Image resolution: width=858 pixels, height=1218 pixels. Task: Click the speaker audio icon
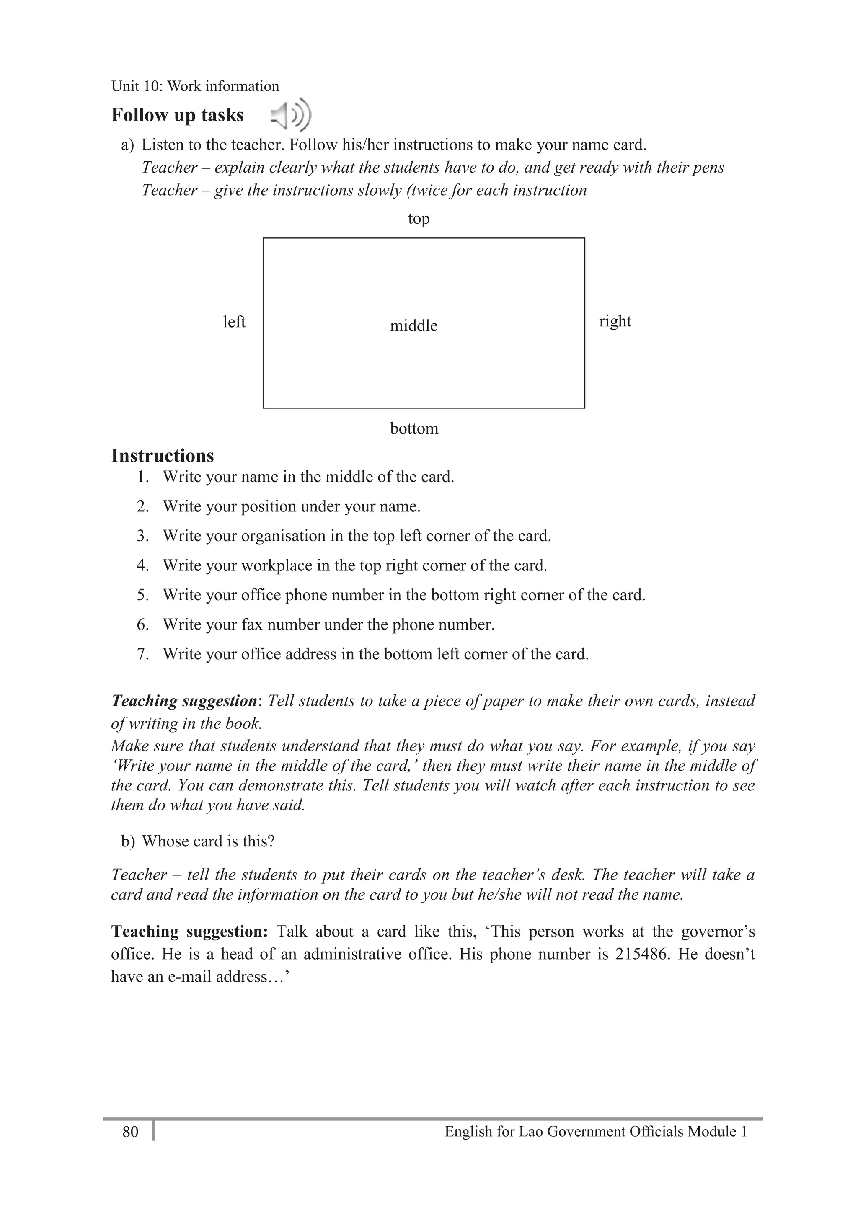291,115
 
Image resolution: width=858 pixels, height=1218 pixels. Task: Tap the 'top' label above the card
419,219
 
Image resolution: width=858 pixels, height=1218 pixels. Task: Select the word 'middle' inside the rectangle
413,326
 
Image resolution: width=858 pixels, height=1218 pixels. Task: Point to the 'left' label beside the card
234,322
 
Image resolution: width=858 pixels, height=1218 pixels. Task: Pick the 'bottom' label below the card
414,428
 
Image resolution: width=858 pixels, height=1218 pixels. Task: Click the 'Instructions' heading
163,456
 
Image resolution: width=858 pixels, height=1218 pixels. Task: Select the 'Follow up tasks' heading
177,115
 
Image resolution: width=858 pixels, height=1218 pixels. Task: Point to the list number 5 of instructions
142,595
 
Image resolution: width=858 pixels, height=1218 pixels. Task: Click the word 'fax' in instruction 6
253,624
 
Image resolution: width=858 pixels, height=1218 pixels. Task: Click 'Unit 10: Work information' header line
195,86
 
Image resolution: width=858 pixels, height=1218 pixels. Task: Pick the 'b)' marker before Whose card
128,841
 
